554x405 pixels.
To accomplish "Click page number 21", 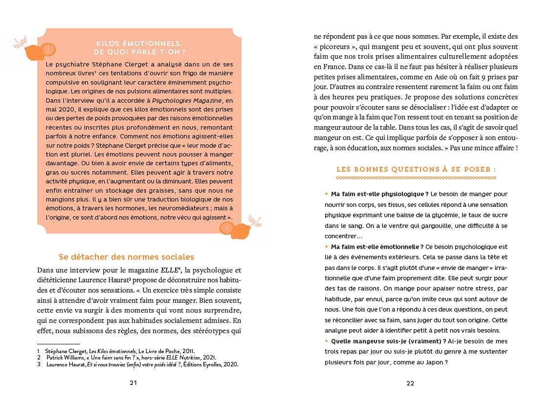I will pos(133,383).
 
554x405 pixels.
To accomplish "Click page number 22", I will pos(410,383).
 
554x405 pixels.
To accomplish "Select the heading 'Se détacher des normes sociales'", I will pos(126,257).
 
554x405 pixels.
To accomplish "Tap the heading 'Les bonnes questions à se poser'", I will pos(416,169).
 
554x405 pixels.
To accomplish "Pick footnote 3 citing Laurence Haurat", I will pos(137,364).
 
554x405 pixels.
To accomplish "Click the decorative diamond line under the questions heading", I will pos(416,178).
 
